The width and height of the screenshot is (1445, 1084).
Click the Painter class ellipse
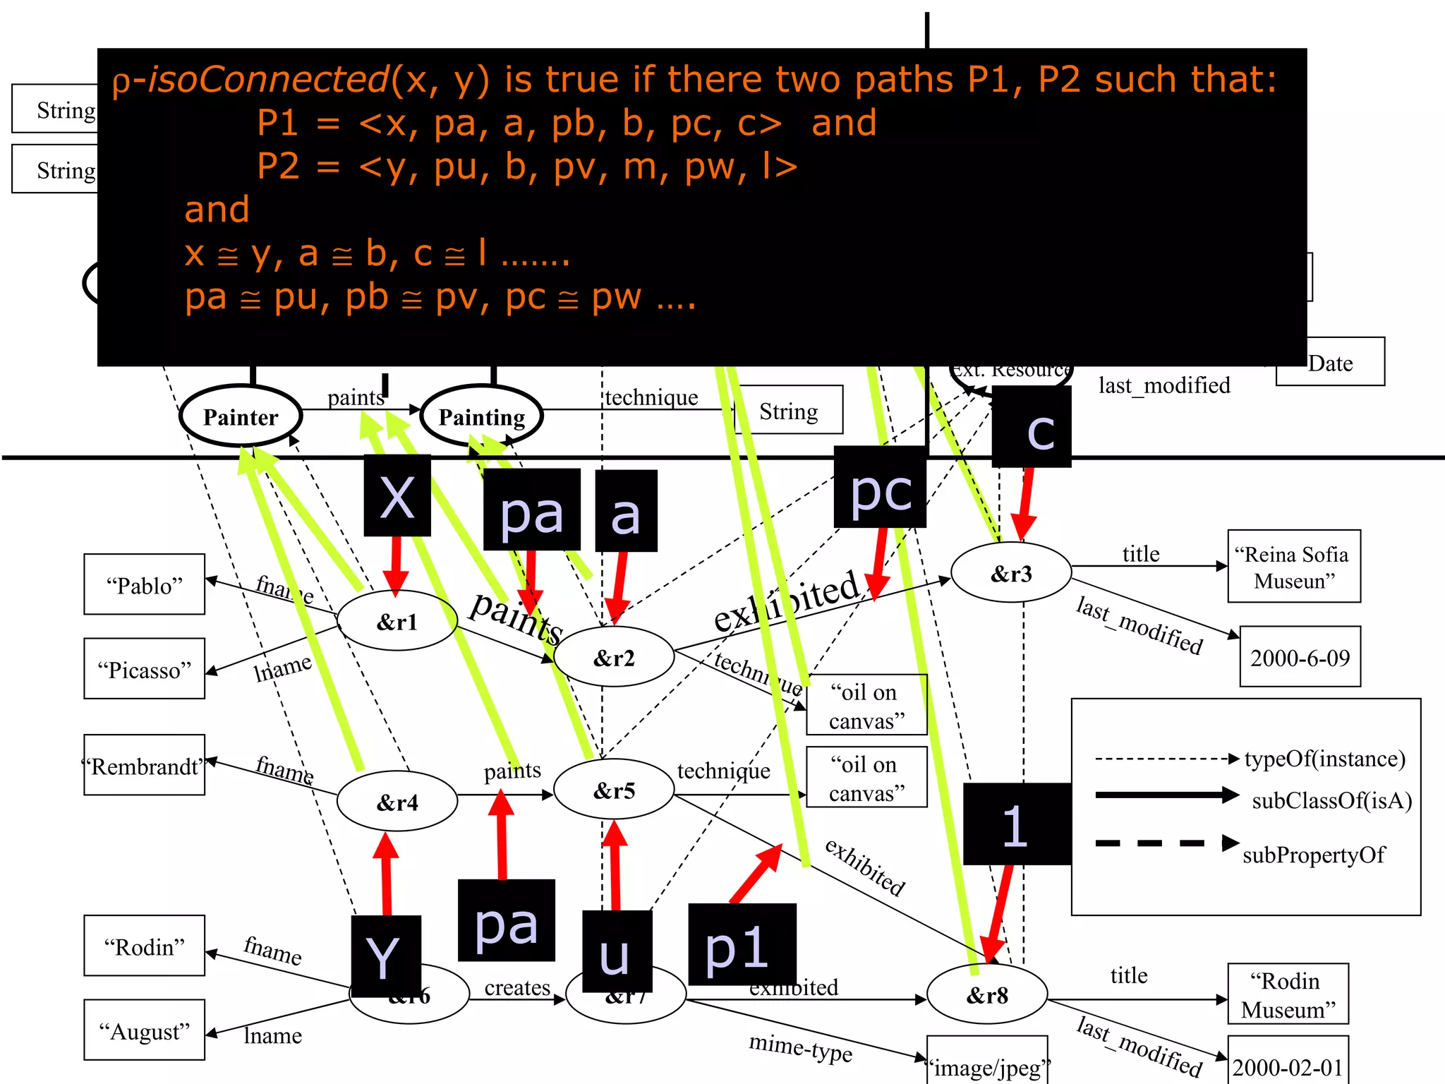click(241, 416)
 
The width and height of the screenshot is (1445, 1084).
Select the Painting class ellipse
click(482, 416)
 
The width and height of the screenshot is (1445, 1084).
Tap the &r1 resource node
click(397, 621)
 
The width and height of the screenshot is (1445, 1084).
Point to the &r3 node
click(1011, 573)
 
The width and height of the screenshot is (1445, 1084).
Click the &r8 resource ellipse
click(986, 995)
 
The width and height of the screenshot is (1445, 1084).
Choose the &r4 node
click(397, 802)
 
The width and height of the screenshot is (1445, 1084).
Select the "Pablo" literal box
click(144, 584)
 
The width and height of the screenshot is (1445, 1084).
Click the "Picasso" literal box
click(144, 669)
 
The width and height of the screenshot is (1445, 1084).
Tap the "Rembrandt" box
click(144, 765)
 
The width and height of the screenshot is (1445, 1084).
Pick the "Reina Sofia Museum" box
click(1293, 566)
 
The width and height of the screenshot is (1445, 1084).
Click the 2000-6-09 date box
click(1300, 657)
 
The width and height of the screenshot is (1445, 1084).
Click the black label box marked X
click(397, 495)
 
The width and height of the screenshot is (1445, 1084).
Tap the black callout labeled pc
click(880, 488)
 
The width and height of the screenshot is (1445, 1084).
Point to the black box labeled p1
click(742, 944)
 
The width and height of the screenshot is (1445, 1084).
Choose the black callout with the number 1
click(1017, 824)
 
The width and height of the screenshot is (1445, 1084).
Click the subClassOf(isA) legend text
click(1331, 800)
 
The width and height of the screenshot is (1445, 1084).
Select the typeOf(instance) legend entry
click(1324, 759)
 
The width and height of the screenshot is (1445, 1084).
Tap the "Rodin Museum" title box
click(1288, 994)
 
